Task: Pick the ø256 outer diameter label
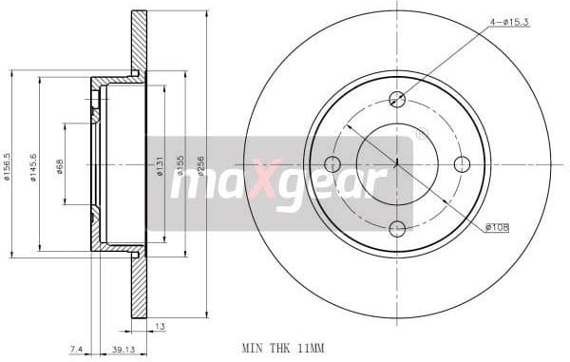pyautogui.click(x=201, y=165)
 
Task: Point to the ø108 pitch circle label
pyautogui.click(x=498, y=227)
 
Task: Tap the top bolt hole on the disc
pyautogui.click(x=398, y=98)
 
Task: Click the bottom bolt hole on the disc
pyautogui.click(x=398, y=227)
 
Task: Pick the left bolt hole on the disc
pyautogui.click(x=333, y=162)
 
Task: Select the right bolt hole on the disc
pyautogui.click(x=463, y=162)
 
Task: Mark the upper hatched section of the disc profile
pyautogui.click(x=139, y=43)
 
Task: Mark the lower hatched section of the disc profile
pyautogui.click(x=139, y=285)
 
